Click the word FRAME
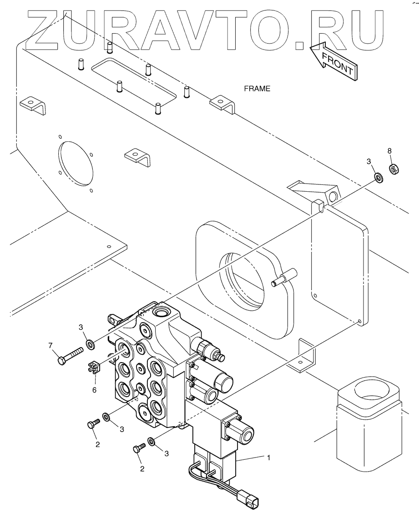tap(257, 89)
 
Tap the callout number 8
tap(389, 150)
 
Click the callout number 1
tap(268, 457)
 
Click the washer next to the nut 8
tap(378, 176)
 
